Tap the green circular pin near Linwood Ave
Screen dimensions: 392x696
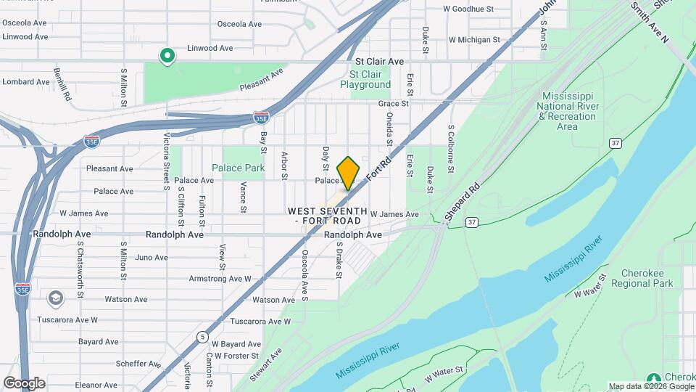[x=167, y=55]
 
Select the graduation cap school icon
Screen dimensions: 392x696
[x=56, y=298]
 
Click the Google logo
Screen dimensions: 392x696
[x=24, y=383]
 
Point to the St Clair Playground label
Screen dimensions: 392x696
[x=365, y=79]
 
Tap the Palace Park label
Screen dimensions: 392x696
[x=238, y=168]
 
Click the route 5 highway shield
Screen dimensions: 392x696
[x=202, y=335]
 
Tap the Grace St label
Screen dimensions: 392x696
[x=394, y=104]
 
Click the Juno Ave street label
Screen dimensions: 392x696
[x=152, y=257]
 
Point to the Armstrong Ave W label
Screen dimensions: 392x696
[x=220, y=279]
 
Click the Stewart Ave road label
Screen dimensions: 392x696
[x=267, y=366]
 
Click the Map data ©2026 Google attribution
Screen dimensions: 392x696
[x=650, y=386]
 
